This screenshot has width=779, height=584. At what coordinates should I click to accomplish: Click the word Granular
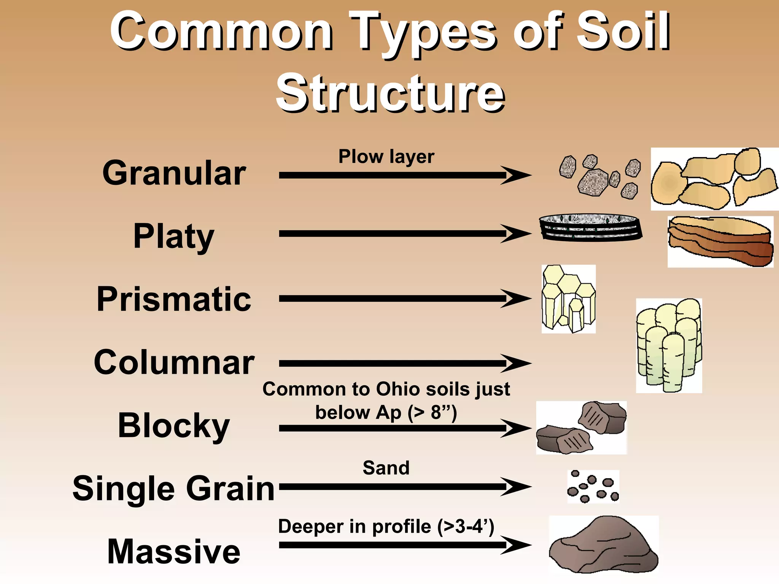[174, 173]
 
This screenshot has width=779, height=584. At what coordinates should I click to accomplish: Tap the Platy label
[174, 236]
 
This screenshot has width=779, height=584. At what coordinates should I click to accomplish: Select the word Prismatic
[174, 299]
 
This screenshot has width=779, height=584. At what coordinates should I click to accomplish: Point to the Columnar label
[174, 362]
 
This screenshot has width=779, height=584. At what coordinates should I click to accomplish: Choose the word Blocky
[174, 426]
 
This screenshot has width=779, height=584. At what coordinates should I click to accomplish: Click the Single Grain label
[173, 489]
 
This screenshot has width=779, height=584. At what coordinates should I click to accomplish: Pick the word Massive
[174, 552]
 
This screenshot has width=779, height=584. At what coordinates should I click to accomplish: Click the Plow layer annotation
[386, 157]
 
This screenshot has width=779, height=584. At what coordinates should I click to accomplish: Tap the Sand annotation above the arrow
[386, 468]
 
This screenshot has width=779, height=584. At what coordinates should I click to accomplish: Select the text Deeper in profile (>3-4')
[386, 527]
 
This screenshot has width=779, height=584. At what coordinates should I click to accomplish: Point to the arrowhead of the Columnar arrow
[517, 363]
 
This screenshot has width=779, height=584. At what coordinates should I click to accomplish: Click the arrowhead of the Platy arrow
[517, 233]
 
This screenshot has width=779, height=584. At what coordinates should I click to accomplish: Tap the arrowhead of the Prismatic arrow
[517, 298]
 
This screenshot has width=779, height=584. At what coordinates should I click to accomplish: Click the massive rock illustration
[604, 544]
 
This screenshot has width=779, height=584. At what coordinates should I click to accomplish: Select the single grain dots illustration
[593, 487]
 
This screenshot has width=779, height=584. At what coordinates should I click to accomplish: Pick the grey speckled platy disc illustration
[591, 227]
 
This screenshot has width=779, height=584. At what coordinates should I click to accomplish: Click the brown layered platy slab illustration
[720, 241]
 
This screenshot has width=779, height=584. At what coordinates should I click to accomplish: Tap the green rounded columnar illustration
[669, 345]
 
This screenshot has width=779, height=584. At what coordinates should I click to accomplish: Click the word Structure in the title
[390, 93]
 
